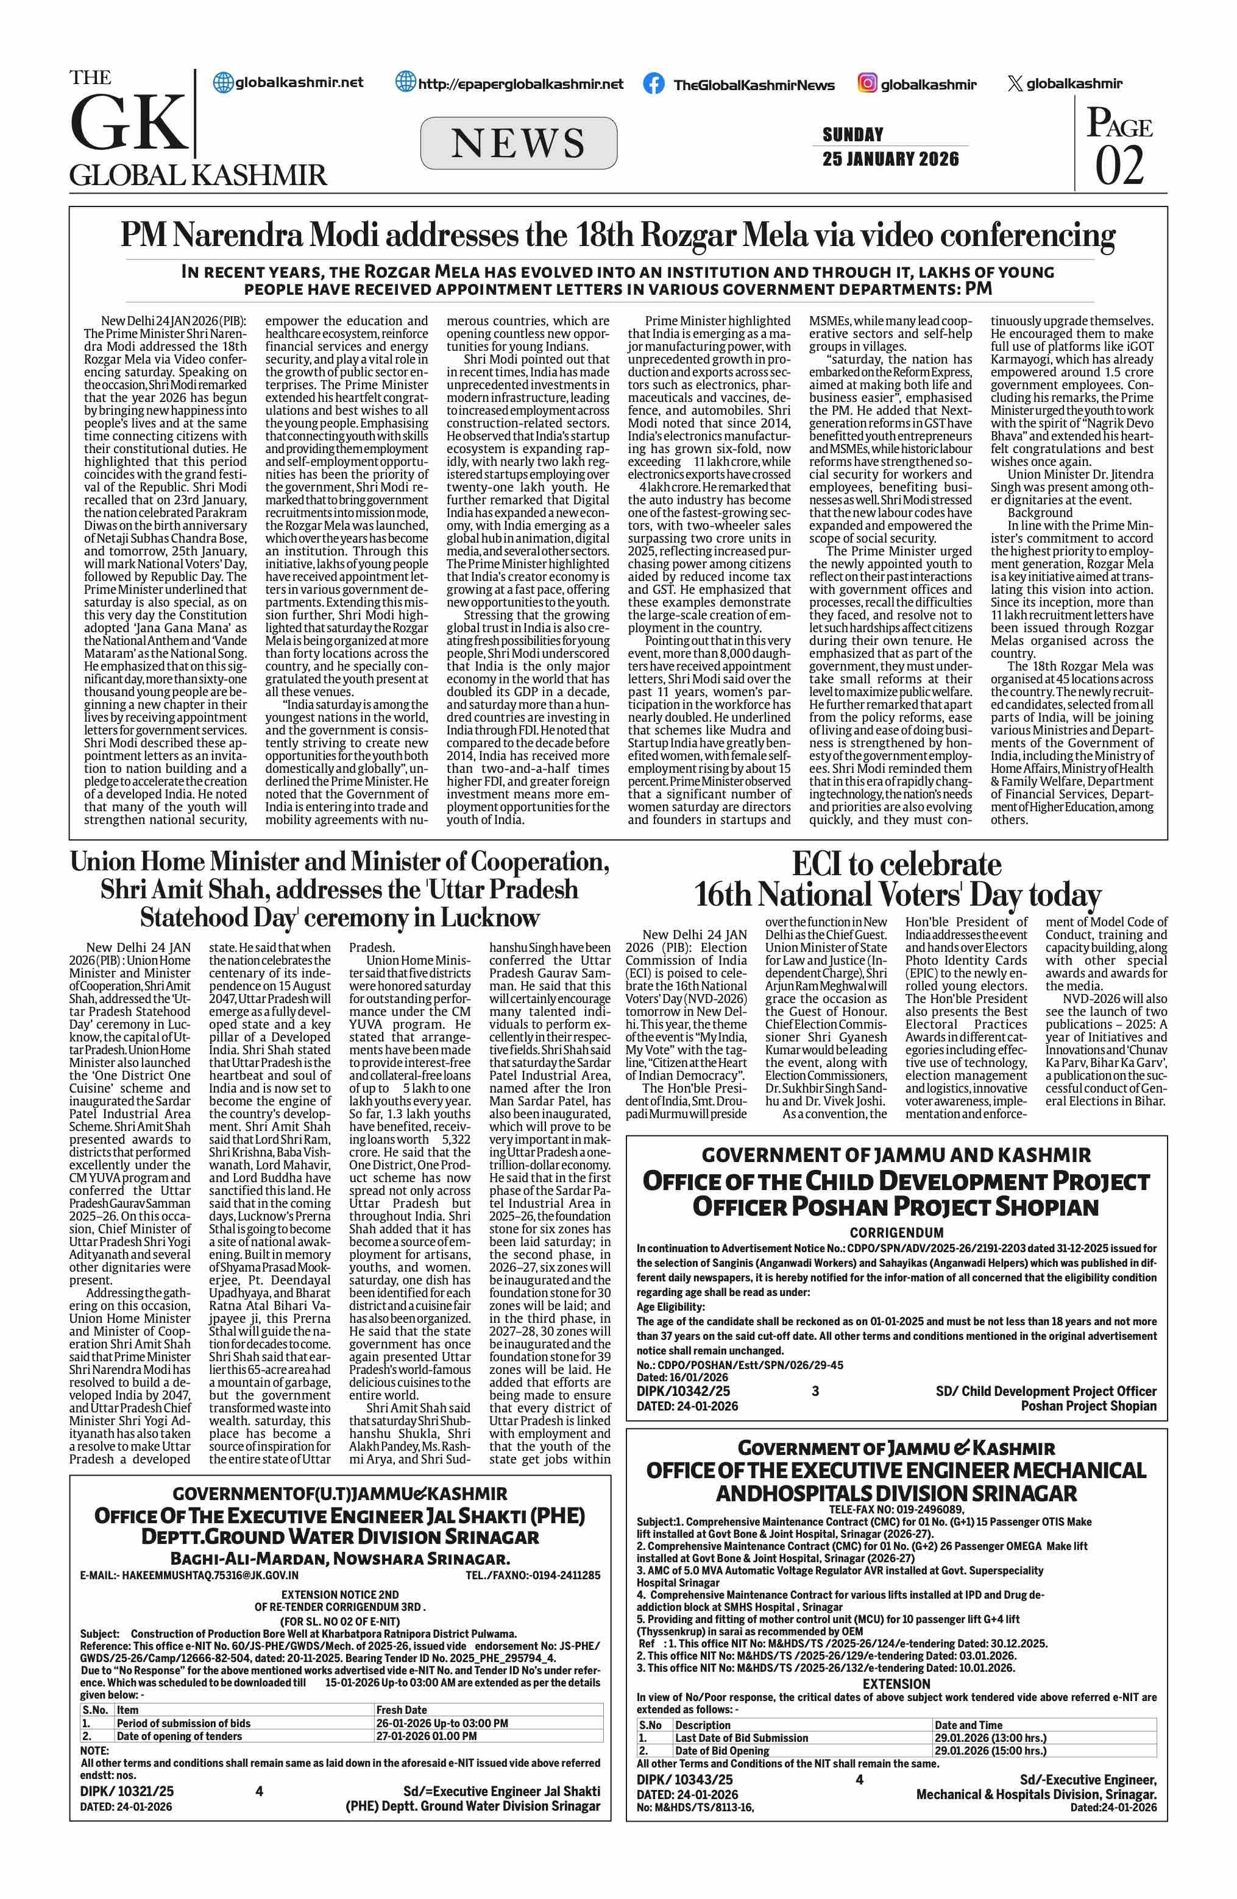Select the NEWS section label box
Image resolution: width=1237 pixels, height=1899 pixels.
tap(518, 143)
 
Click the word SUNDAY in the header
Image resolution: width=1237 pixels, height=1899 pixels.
tap(852, 134)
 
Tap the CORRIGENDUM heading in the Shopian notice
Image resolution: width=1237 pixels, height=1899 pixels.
tap(896, 1233)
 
